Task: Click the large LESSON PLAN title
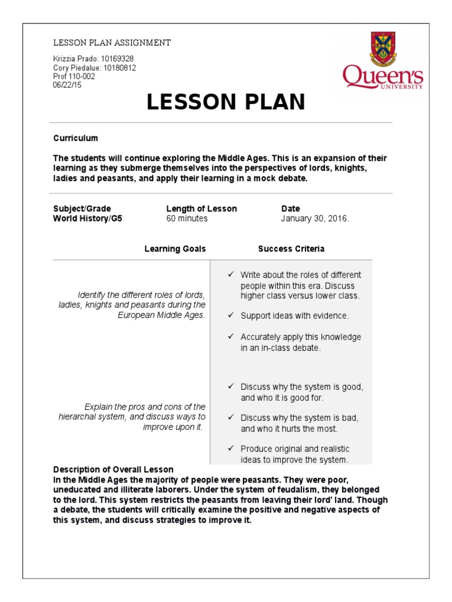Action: pos(226,102)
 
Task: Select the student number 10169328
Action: pos(118,59)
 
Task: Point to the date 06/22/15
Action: pos(68,84)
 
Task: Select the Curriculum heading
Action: pos(75,138)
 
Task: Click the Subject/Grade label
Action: pos(82,209)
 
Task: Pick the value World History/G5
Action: pos(88,219)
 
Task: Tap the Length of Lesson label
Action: pos(201,209)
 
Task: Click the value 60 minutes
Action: pos(187,219)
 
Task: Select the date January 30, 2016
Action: pos(315,219)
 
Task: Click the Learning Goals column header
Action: pos(175,249)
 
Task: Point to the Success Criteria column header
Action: pos(291,249)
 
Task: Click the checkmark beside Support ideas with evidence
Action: pos(231,316)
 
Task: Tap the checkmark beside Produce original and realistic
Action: pos(231,449)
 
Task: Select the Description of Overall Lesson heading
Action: pos(114,470)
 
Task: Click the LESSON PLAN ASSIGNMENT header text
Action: pos(112,43)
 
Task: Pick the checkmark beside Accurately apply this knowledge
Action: pos(231,337)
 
